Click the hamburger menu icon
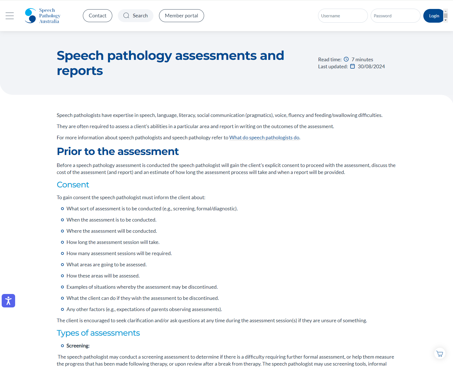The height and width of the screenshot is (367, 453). point(10,16)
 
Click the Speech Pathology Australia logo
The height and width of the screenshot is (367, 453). point(43,16)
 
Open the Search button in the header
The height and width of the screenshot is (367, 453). point(136,16)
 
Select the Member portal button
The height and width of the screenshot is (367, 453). point(181,16)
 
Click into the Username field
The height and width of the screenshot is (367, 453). point(343,16)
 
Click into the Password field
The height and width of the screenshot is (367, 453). point(395,16)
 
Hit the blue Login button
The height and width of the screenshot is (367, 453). point(434,16)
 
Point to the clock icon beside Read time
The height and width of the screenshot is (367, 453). point(346,59)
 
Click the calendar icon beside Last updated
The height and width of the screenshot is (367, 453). point(352,66)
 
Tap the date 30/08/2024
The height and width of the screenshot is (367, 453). point(371,67)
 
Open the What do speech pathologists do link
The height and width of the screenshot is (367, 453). point(264,138)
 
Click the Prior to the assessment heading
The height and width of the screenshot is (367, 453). point(118,152)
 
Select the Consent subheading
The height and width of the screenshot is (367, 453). point(73,185)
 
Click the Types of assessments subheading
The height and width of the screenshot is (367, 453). point(98,333)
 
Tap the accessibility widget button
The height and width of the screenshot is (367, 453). point(8,301)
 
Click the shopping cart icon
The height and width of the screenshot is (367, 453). point(440,354)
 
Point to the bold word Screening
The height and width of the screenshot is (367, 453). point(78,346)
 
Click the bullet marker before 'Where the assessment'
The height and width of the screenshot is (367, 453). point(62,231)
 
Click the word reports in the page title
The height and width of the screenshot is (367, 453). point(80,71)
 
